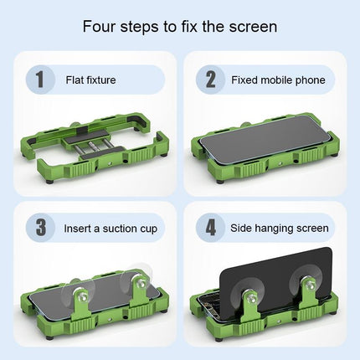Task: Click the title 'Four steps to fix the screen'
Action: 180,26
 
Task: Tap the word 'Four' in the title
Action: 100,26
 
